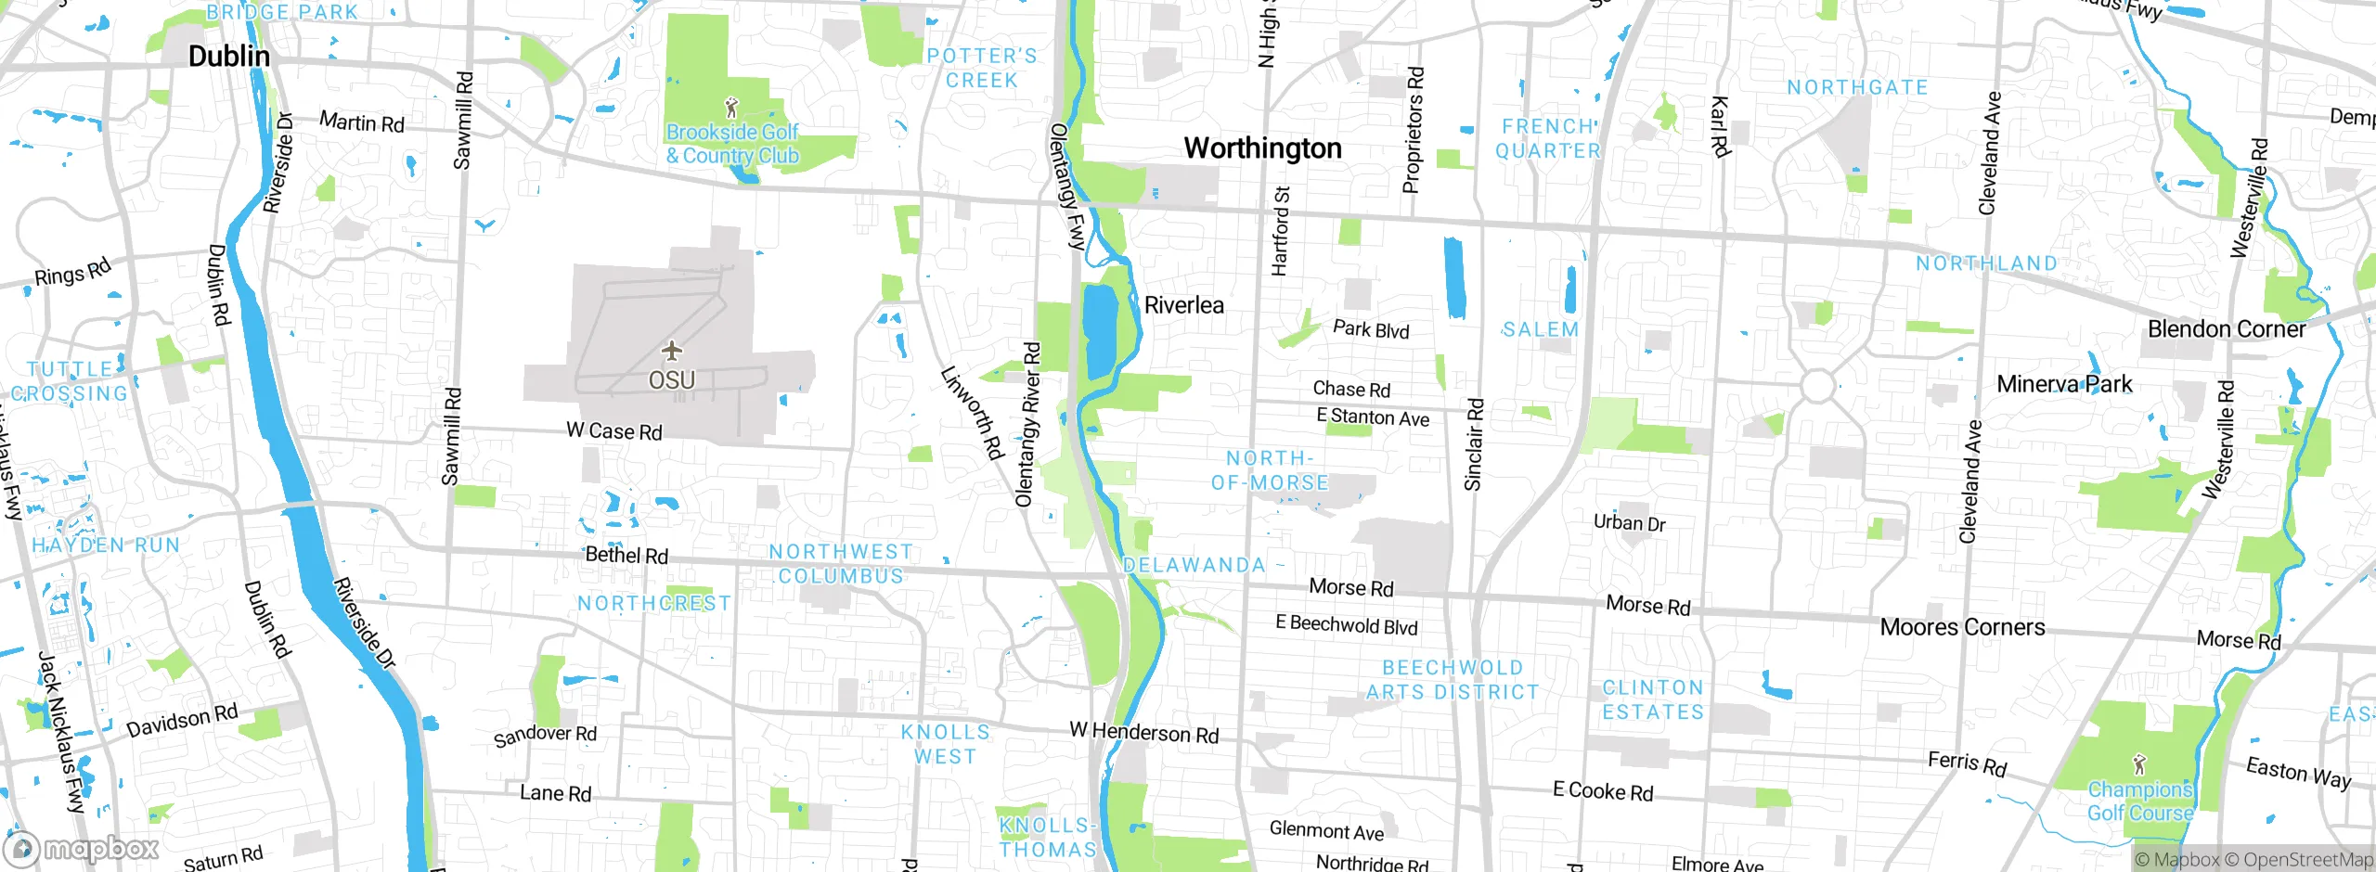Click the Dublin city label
tap(229, 57)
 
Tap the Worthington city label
tap(1262, 148)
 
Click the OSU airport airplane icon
tap(672, 351)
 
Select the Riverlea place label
tap(1183, 305)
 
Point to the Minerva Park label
tap(2064, 384)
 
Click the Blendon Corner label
tap(2226, 329)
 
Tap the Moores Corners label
tap(1962, 627)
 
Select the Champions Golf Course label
tap(2139, 801)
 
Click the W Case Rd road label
tap(614, 431)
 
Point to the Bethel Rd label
tap(626, 555)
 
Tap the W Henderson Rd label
tap(1143, 733)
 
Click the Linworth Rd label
tap(972, 413)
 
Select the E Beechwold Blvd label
tap(1346, 625)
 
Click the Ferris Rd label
tap(1967, 763)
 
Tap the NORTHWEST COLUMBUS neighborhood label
tap(841, 564)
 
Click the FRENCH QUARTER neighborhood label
tap(1548, 138)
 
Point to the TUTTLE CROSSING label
tap(70, 381)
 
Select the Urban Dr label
tap(1629, 523)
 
